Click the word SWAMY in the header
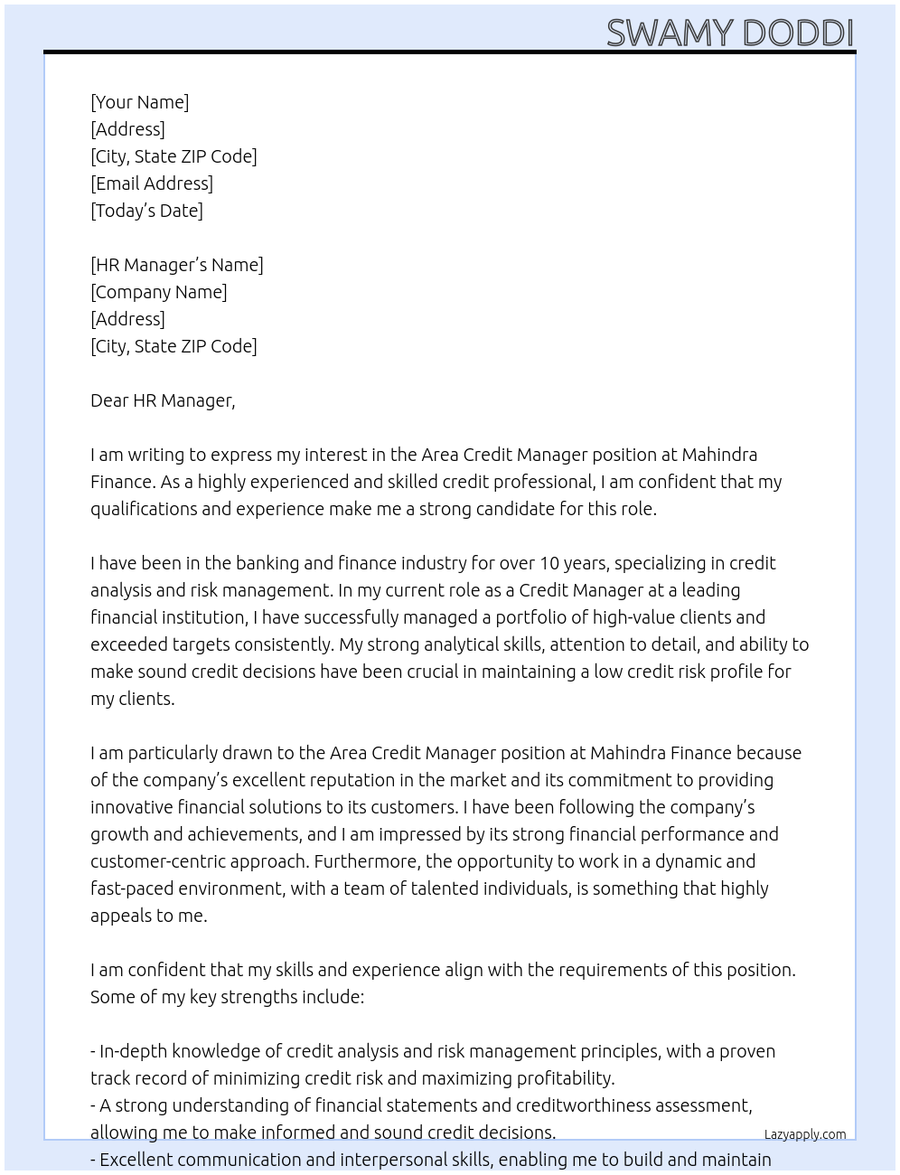[x=670, y=33]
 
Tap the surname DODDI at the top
[x=797, y=33]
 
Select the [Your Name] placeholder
[x=139, y=102]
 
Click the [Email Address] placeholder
[x=152, y=183]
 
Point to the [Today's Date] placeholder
[x=146, y=211]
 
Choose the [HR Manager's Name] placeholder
[x=177, y=265]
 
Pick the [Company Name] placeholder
[x=159, y=292]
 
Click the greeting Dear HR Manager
[x=163, y=400]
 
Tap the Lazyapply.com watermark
[x=805, y=1134]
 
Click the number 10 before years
[x=549, y=563]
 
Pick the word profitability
[x=565, y=1078]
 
